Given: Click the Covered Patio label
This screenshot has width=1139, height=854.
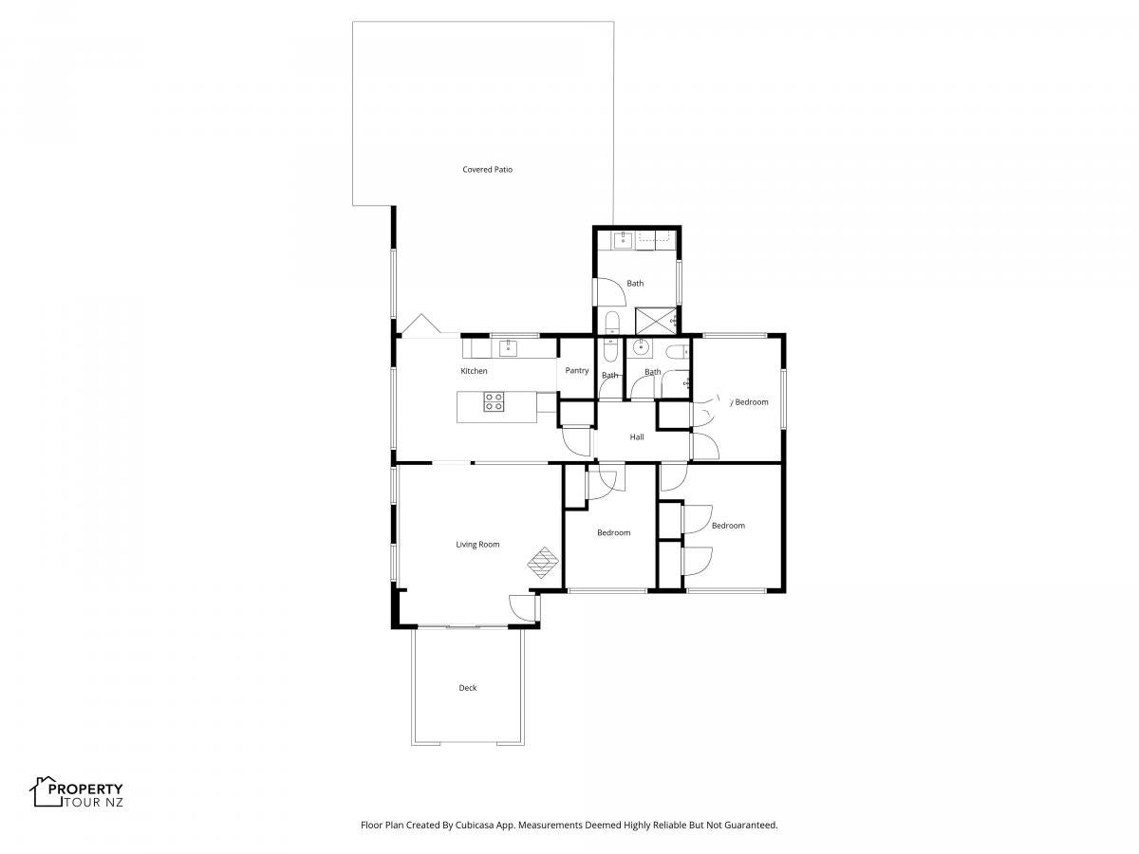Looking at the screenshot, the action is pos(487,170).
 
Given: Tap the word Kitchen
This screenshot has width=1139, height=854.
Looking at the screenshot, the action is pos(474,371).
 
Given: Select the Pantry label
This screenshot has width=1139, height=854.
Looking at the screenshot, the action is pos(576,370).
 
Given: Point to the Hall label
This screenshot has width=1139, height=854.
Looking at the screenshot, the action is pos(636,436).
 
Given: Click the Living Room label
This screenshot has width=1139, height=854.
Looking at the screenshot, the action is pos(476,544).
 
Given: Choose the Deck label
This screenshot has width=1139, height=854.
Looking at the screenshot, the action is pos(467,688).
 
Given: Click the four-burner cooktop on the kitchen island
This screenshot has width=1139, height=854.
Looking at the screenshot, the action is pos(493,401).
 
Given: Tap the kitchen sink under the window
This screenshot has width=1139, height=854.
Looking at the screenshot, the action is pos(508,348).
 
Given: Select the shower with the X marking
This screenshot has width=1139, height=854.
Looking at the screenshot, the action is pos(656,321).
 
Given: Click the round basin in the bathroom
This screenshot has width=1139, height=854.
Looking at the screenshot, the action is pos(642,347).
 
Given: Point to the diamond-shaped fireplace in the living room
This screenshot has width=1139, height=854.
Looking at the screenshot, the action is pos(542,562).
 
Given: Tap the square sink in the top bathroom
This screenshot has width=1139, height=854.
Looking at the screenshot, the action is pos(621,239).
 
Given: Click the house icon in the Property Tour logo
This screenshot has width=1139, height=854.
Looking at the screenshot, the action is pos(46,791).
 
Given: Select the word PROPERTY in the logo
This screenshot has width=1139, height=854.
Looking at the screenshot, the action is pos(85,789).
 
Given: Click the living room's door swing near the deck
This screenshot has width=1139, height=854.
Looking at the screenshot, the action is pos(521,607).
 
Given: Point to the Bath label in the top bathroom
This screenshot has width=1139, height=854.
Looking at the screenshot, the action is pos(635,283).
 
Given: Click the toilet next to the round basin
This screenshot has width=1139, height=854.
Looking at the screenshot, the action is pos(677,352).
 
